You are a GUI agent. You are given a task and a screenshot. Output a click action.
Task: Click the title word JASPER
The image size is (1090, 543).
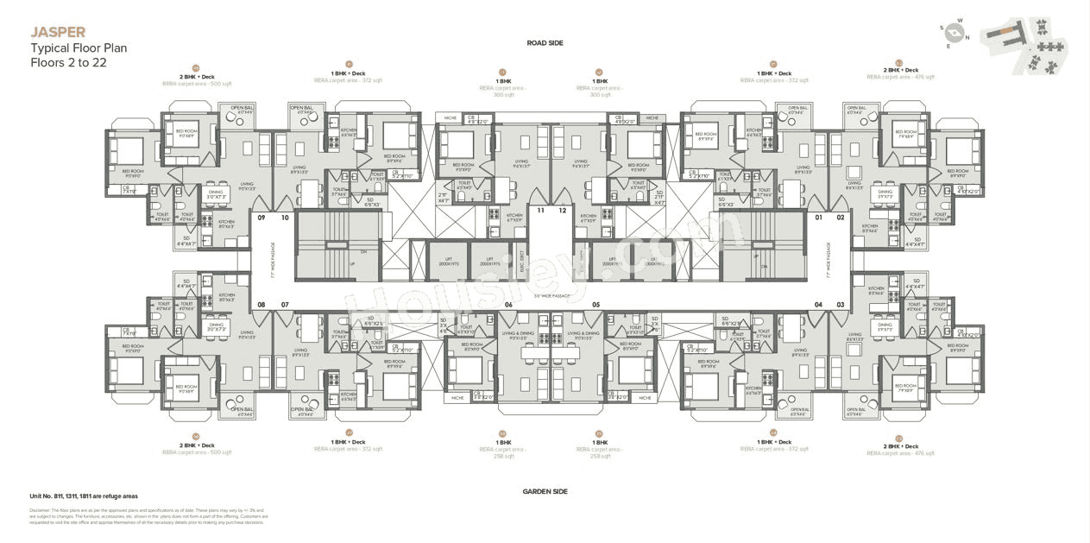pyautogui.click(x=58, y=33)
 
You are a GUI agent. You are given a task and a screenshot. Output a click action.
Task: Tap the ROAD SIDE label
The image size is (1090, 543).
pyautogui.click(x=545, y=42)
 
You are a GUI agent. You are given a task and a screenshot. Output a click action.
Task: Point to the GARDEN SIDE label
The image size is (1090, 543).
pyautogui.click(x=545, y=491)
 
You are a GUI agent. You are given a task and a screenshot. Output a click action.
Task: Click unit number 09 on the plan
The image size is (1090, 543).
pyautogui.click(x=261, y=218)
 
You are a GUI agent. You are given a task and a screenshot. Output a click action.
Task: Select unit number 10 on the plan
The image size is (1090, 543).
pyautogui.click(x=285, y=218)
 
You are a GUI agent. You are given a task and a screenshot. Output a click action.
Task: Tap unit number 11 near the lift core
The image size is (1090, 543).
pyautogui.click(x=541, y=210)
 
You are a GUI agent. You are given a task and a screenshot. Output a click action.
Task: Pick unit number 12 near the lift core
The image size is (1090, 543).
pyautogui.click(x=562, y=210)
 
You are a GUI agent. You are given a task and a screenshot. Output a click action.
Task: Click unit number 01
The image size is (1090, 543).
pyautogui.click(x=818, y=218)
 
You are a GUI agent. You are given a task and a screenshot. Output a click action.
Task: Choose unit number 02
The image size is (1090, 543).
pyautogui.click(x=841, y=218)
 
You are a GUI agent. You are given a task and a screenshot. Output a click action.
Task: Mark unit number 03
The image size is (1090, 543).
pyautogui.click(x=841, y=304)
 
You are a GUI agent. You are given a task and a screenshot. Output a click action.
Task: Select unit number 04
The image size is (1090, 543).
pyautogui.click(x=818, y=304)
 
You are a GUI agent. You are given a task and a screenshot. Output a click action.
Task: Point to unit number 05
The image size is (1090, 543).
pyautogui.click(x=595, y=304)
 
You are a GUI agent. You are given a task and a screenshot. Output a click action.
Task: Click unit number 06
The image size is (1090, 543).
pyautogui.click(x=508, y=304)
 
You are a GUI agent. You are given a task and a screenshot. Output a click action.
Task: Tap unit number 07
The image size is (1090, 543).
pyautogui.click(x=285, y=304)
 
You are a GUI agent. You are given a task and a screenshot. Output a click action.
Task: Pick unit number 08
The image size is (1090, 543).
pyautogui.click(x=261, y=304)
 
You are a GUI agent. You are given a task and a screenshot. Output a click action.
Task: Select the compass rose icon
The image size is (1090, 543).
pyautogui.click(x=954, y=34)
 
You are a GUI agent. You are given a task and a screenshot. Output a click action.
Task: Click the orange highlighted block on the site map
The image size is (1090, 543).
pyautogui.click(x=1006, y=31)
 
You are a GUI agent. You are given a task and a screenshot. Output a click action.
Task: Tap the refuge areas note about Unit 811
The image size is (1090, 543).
pyautogui.click(x=84, y=496)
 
